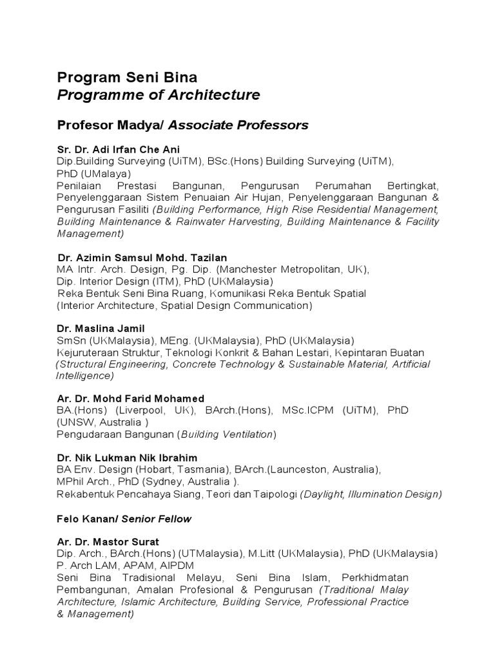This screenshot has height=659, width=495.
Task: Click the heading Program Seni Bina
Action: [127, 78]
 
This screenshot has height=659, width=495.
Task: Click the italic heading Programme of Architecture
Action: [159, 95]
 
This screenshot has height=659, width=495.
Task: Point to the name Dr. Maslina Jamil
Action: [101, 329]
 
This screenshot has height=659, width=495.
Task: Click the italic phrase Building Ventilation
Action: [226, 434]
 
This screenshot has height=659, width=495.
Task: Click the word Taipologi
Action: [277, 494]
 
